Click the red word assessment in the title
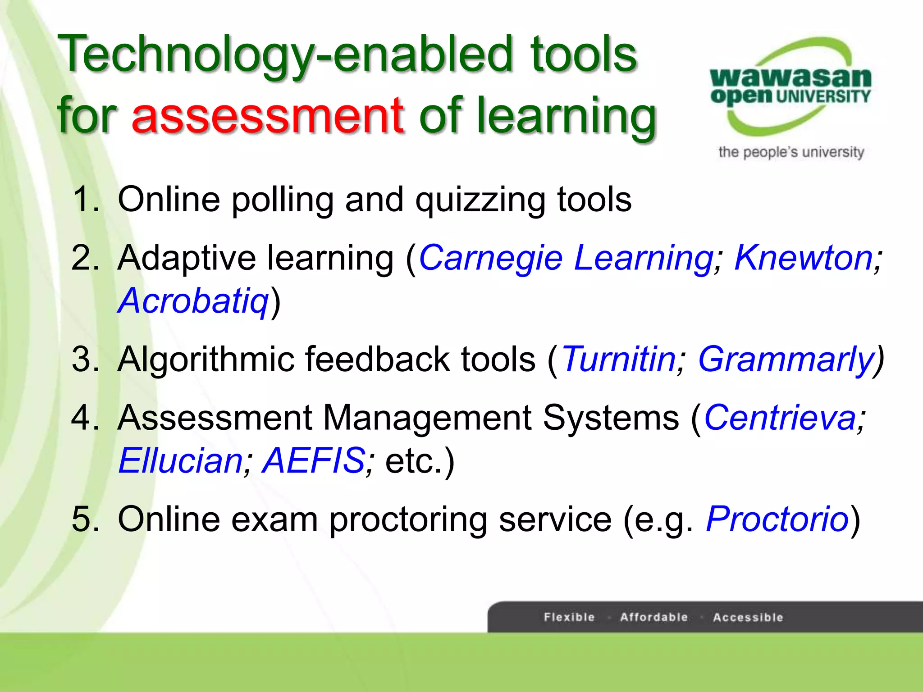point(268,116)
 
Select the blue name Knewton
point(804,258)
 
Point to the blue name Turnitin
point(619,360)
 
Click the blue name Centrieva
point(780,418)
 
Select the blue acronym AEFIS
point(314,461)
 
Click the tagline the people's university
point(791,152)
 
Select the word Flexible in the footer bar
point(569,617)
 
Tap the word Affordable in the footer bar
point(653,617)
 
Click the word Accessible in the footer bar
point(748,617)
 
